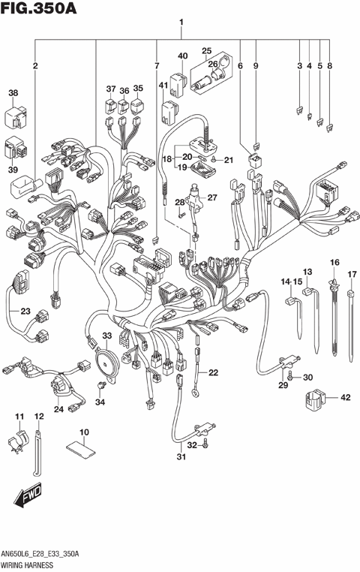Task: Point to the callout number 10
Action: click(x=84, y=432)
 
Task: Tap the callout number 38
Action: click(x=13, y=93)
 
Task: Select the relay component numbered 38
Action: click(x=16, y=115)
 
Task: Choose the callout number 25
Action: click(x=207, y=51)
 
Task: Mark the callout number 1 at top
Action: click(x=181, y=23)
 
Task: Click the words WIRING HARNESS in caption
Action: click(x=29, y=563)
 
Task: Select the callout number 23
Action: click(x=25, y=312)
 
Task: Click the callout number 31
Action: click(x=180, y=459)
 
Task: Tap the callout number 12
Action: click(x=39, y=416)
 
